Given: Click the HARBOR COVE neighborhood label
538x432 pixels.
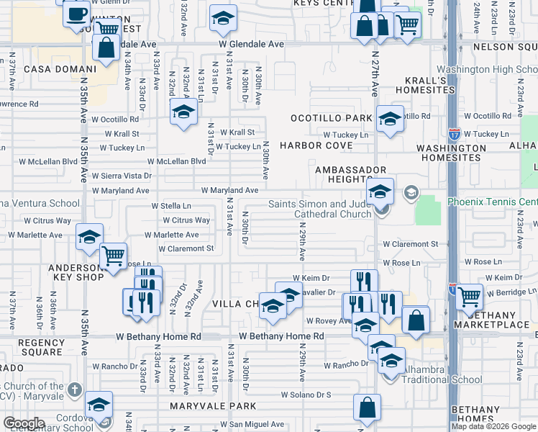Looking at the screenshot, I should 316,145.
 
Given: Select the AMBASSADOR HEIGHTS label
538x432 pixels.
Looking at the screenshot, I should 342,174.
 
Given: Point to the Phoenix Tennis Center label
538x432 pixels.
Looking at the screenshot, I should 492,202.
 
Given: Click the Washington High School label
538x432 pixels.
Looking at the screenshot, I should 487,69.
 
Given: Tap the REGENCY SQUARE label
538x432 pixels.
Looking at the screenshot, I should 41,347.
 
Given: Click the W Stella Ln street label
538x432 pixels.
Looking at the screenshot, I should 171,206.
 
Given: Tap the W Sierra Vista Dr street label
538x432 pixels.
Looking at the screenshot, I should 126,176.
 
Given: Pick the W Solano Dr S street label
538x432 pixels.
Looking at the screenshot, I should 306,395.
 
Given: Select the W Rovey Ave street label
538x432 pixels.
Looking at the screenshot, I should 328,321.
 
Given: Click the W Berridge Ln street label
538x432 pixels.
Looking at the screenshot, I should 511,293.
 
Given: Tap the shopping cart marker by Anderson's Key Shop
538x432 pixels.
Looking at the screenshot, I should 113,256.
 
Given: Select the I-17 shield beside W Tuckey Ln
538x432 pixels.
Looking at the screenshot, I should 455,134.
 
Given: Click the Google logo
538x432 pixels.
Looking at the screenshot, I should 24,423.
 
